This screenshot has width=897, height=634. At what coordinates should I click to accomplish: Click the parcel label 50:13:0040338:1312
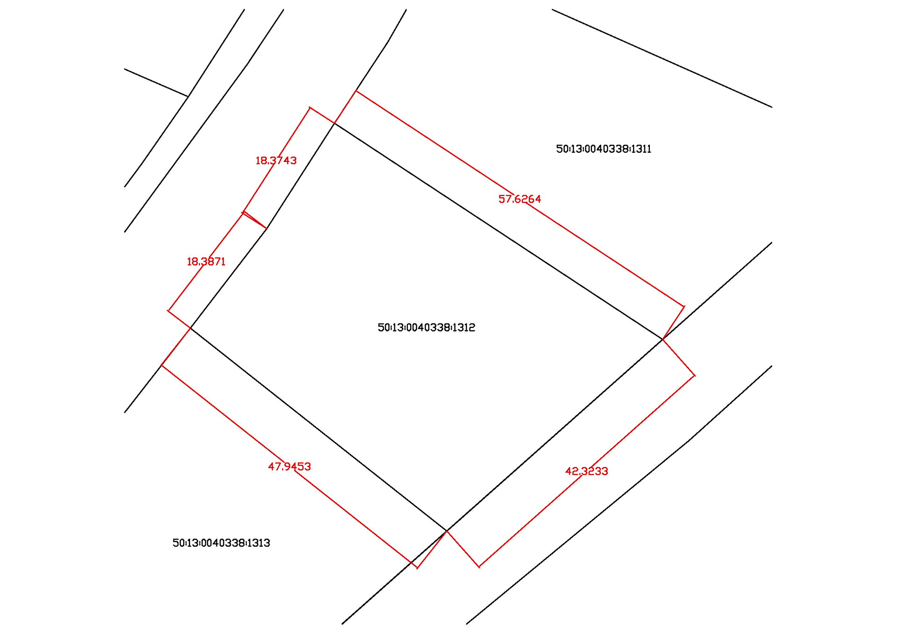426,327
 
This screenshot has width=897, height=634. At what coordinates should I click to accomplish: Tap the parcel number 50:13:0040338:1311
603,149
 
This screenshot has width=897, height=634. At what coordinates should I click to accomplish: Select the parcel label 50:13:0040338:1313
221,543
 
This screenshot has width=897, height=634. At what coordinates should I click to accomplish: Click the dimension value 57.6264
520,199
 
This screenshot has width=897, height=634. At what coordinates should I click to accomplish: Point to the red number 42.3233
586,471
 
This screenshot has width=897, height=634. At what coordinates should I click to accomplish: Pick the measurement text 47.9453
289,466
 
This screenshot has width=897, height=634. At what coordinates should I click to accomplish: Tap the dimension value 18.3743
276,161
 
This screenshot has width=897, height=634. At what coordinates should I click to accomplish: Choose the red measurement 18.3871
206,261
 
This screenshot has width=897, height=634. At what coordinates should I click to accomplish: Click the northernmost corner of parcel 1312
335,123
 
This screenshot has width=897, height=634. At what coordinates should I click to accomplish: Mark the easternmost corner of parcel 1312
662,339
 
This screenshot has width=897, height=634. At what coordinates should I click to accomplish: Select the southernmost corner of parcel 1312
447,531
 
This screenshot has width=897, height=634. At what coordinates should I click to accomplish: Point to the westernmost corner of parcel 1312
191,328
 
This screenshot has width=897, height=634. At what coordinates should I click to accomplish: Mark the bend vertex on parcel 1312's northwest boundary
266,228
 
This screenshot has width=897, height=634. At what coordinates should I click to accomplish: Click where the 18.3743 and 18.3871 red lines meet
243,212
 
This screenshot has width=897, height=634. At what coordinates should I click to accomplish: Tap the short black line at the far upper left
156,83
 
